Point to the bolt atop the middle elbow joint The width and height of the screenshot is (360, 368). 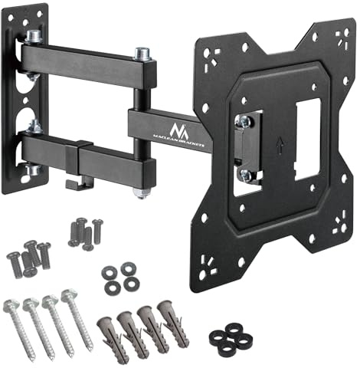coord(140,54)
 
